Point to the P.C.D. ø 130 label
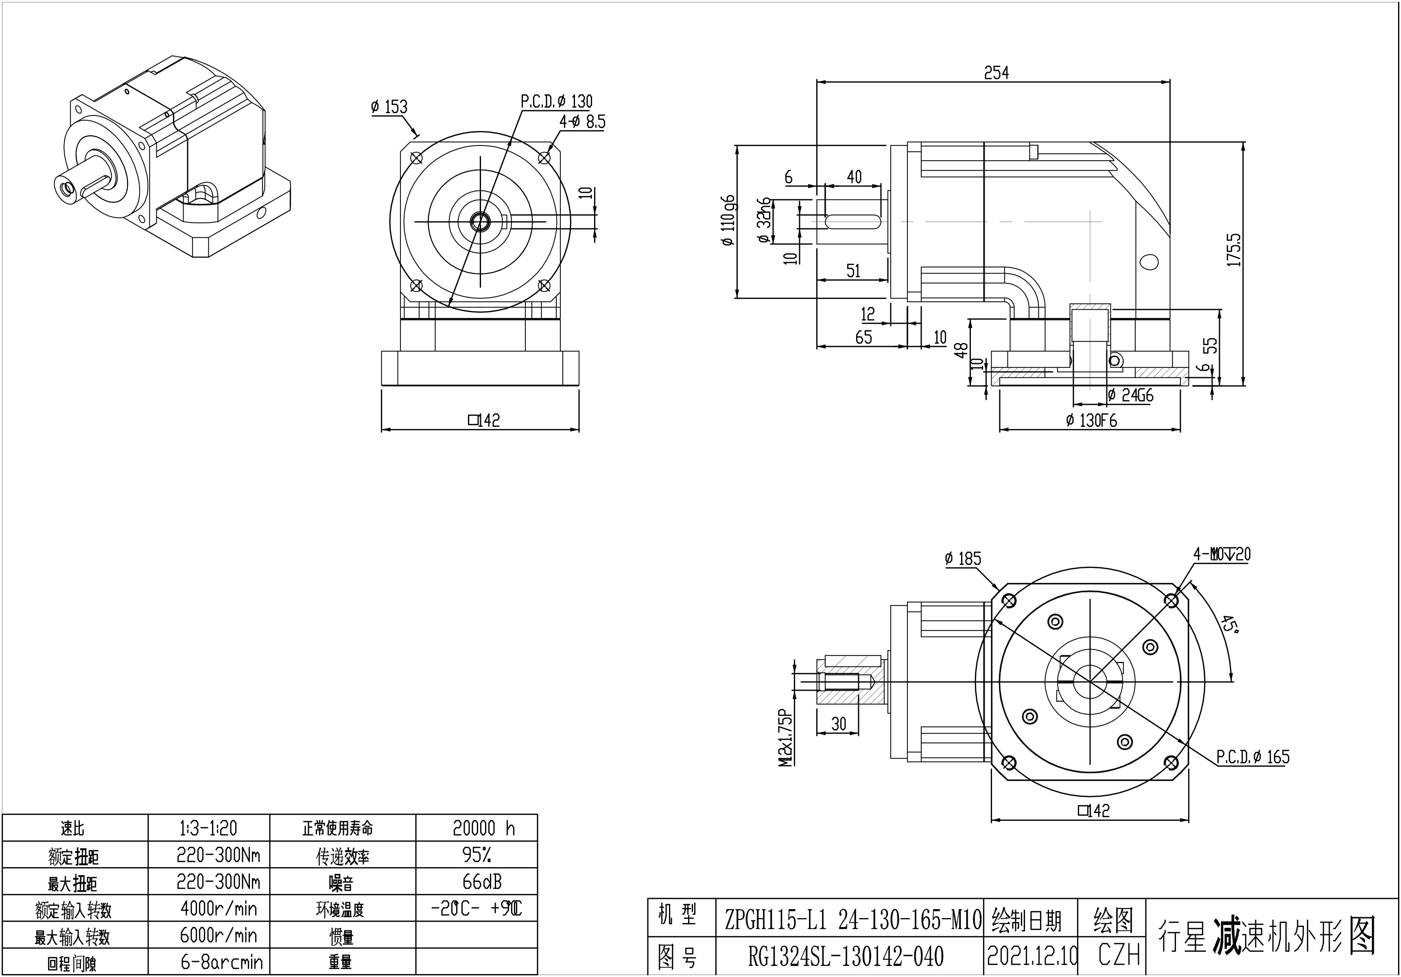pyautogui.click(x=557, y=101)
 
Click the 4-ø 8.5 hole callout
pyautogui.click(x=582, y=122)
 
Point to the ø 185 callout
pyautogui.click(x=963, y=559)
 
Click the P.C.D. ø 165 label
pyautogui.click(x=1253, y=757)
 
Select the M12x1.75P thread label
pyautogui.click(x=785, y=738)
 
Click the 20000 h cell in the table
pyautogui.click(x=483, y=828)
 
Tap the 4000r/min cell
pyautogui.click(x=219, y=909)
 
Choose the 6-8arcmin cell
pyautogui.click(x=221, y=962)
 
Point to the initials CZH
pyautogui.click(x=1119, y=955)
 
